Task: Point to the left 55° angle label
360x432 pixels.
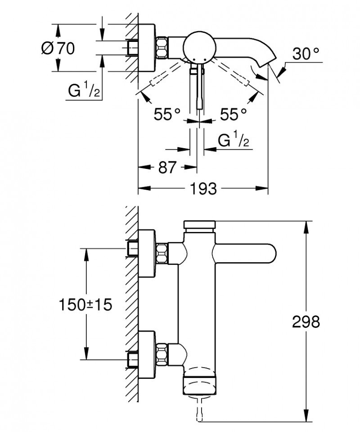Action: (x=167, y=114)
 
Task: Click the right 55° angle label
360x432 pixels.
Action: (x=233, y=114)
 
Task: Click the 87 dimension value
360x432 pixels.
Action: (x=167, y=167)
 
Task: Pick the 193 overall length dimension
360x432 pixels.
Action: (x=202, y=188)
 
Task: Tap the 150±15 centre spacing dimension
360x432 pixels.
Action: (x=85, y=305)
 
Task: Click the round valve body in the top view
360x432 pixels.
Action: (x=198, y=46)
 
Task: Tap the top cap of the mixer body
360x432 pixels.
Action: (x=200, y=225)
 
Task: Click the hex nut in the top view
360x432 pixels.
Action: (x=162, y=46)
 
